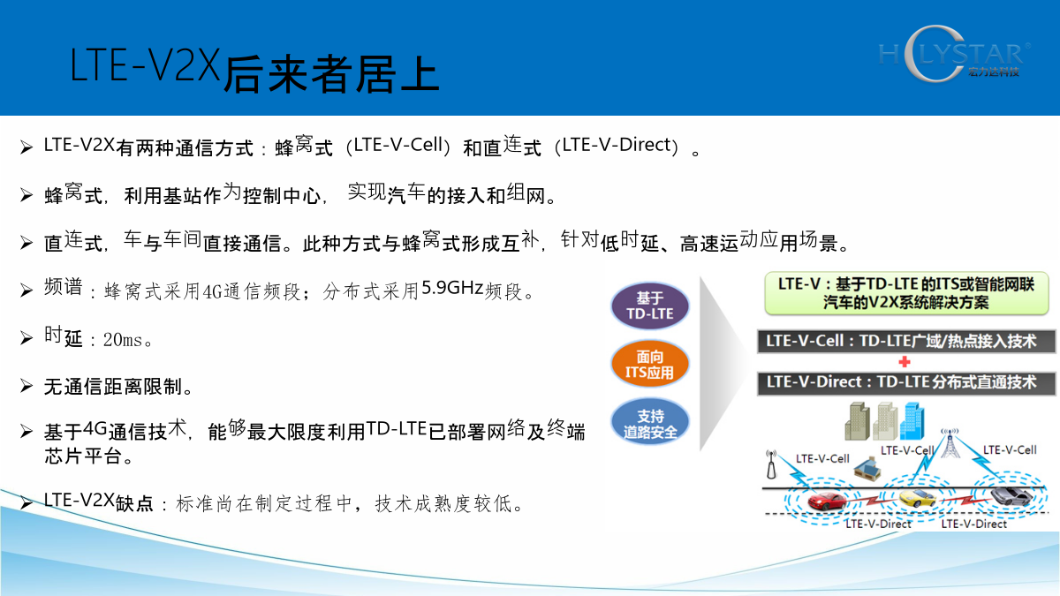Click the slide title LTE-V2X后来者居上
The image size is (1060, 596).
tap(254, 70)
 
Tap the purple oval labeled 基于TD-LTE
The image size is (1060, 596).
tap(650, 306)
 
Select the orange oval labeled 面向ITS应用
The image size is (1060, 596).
tap(650, 364)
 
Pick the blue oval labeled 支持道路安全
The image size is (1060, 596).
tap(650, 423)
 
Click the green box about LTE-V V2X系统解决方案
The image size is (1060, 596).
tap(906, 293)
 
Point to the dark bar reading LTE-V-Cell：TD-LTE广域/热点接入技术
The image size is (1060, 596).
tap(906, 341)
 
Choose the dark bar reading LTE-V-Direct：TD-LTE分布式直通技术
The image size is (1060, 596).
tap(906, 382)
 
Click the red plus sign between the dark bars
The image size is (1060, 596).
tap(905, 362)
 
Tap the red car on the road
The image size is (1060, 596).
tap(826, 502)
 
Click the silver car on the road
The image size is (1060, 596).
tap(1011, 495)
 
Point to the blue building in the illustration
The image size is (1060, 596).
tap(912, 421)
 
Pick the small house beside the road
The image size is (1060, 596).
tap(867, 469)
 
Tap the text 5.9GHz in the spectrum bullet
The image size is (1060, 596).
tap(452, 288)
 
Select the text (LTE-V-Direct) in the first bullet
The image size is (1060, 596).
tap(617, 145)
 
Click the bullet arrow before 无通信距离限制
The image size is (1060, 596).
tap(26, 386)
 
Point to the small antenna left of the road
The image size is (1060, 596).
tap(771, 464)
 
